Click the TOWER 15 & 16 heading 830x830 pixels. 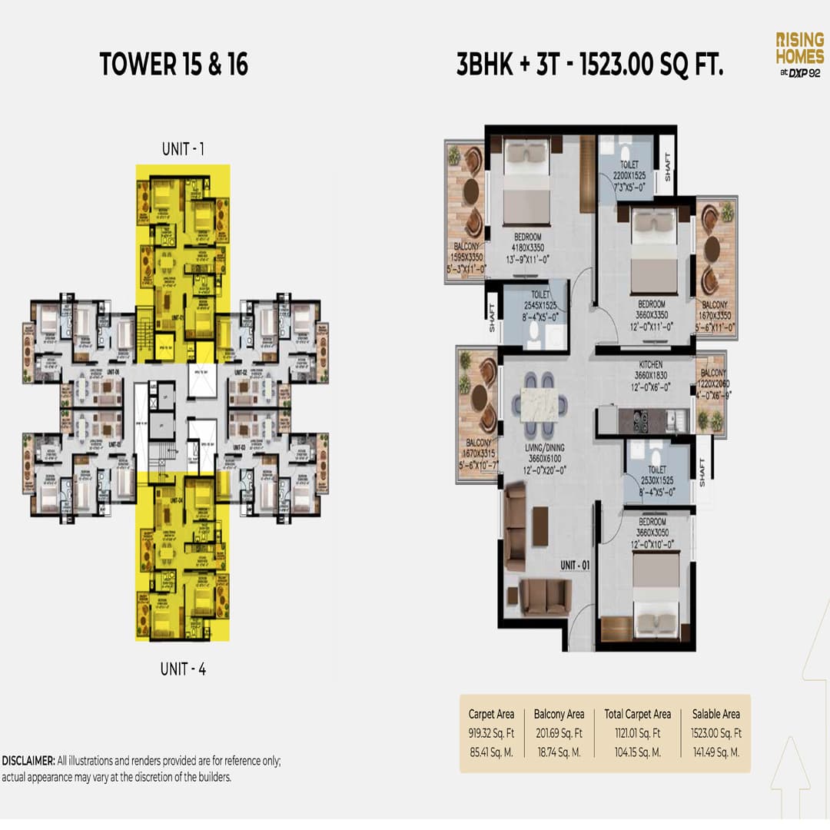pos(174,65)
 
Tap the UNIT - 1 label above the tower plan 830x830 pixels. pos(183,149)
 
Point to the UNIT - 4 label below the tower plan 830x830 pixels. pos(183,669)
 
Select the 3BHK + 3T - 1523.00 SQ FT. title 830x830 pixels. pos(590,65)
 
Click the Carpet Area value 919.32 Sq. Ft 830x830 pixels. pos(490,733)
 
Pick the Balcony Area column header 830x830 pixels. pos(559,715)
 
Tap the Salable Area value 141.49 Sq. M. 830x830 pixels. pos(715,752)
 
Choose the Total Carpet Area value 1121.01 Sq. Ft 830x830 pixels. pos(637,733)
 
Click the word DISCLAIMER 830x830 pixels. pos(28,761)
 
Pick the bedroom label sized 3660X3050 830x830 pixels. pos(653,533)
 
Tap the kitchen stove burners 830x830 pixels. pos(639,419)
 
